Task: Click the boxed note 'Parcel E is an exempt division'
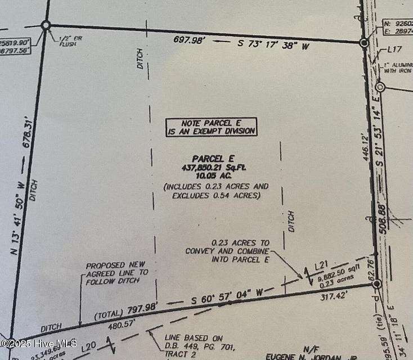tap(211, 127)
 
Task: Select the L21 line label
tap(321, 264)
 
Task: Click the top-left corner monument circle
tap(46, 25)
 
